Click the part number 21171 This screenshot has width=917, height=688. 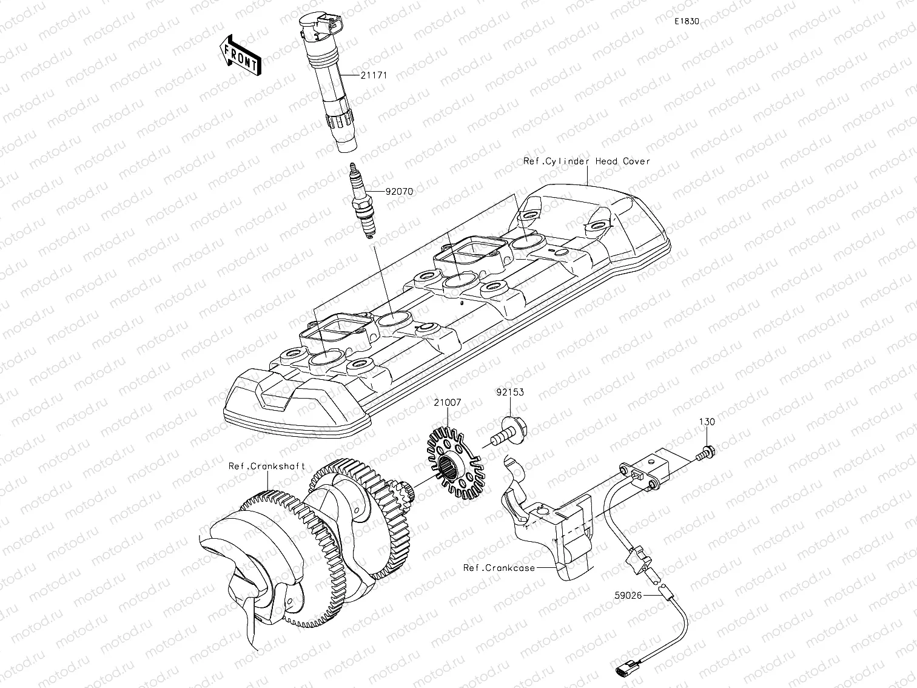(x=374, y=75)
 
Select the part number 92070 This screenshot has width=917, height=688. (x=398, y=191)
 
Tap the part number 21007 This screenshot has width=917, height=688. (x=447, y=402)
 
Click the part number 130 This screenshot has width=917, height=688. (x=707, y=422)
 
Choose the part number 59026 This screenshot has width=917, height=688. (x=627, y=595)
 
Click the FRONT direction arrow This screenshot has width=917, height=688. (x=241, y=55)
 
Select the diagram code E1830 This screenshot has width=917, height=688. (x=687, y=21)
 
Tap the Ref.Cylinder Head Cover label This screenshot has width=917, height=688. (x=586, y=161)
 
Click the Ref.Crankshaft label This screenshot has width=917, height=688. (x=267, y=466)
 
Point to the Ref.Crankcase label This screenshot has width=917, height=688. (x=499, y=568)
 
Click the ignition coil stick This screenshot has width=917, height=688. (x=334, y=91)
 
